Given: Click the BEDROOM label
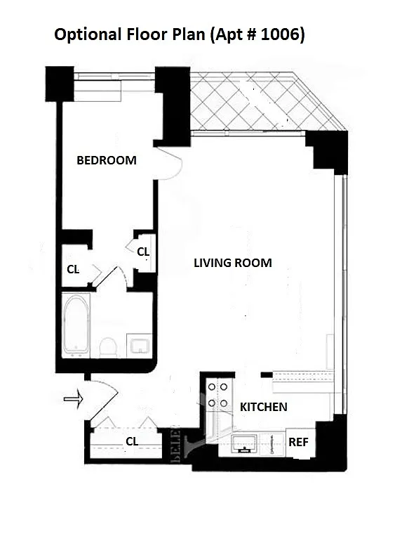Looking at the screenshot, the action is [x=107, y=160].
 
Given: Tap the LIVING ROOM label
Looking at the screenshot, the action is [x=233, y=263].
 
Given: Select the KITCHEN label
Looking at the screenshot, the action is [x=264, y=407].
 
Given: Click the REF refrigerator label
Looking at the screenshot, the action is [x=298, y=442].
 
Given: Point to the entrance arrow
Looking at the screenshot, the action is [x=74, y=398].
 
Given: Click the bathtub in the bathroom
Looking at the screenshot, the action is [x=76, y=325].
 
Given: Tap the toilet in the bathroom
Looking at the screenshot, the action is [x=109, y=347].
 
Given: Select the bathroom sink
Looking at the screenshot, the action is [x=139, y=346].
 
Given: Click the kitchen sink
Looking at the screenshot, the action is [x=244, y=444].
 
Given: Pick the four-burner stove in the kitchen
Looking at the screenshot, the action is [x=218, y=396].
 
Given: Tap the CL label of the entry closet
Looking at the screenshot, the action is [x=132, y=441].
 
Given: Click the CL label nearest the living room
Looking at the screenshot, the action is [x=143, y=252].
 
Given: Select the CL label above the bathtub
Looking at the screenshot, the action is [x=73, y=269].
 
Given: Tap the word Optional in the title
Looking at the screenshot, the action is [x=88, y=34].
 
